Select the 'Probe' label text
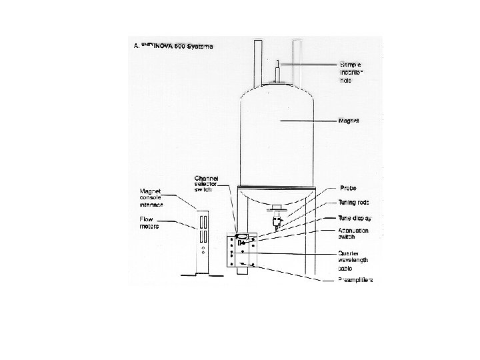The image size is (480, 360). tap(349, 187)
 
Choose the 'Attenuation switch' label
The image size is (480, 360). tap(354, 233)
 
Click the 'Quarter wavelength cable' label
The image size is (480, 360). tap(354, 260)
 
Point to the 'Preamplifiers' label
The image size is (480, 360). tap(356, 280)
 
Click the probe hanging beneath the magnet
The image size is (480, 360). tap(275, 217)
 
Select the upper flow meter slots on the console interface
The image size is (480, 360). tap(202, 219)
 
